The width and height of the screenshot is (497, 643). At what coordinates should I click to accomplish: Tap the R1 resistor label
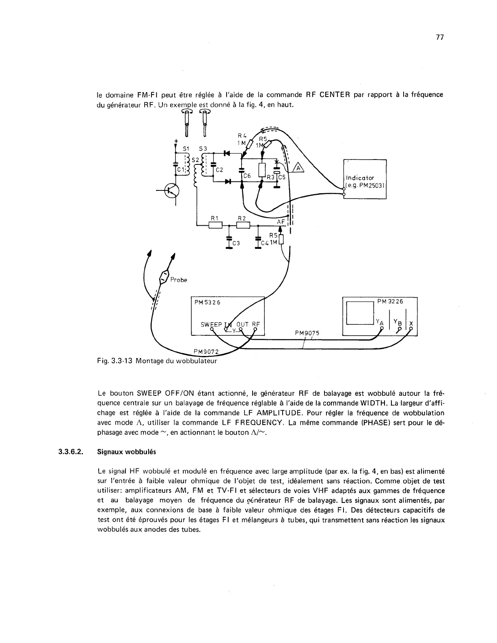coord(214,218)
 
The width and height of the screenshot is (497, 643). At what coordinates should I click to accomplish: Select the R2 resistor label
coord(242,218)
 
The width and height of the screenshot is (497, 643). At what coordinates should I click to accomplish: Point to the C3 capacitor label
coord(236,243)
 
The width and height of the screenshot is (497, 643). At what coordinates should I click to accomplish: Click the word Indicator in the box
coord(360,178)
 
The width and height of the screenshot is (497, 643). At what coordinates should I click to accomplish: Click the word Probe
coord(179,280)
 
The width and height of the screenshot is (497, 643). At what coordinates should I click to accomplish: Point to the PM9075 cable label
coord(307,333)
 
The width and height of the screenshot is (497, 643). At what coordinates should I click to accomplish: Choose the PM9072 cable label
coord(206,352)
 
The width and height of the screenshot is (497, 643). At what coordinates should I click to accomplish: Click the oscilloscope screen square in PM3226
coord(360,313)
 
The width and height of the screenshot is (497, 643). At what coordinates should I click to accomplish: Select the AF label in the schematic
coord(281,222)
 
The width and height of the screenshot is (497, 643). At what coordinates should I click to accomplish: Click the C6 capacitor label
coord(247,176)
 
